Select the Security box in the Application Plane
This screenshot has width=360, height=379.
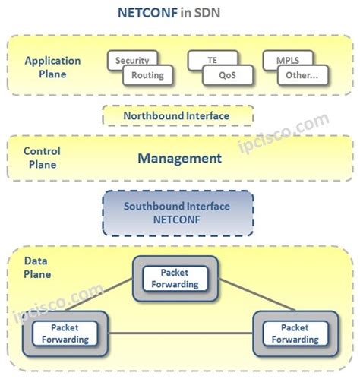[132, 60]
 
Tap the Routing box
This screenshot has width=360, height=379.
[147, 76]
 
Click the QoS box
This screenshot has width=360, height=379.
[227, 76]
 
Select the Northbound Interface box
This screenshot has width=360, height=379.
[177, 116]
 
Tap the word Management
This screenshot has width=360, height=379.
[179, 159]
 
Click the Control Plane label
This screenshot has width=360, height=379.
[42, 157]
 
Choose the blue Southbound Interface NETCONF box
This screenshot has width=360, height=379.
[177, 213]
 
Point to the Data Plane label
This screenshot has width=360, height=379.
[38, 268]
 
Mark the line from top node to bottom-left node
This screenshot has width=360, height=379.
[114, 296]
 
